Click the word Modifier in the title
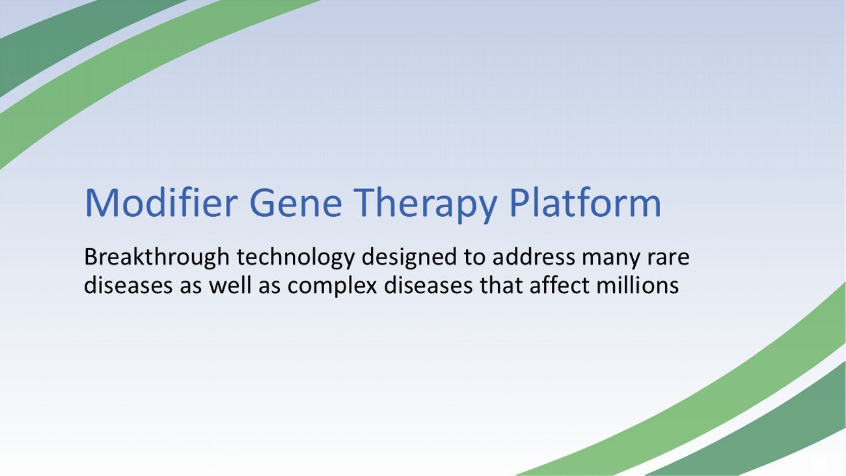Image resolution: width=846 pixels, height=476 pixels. (x=161, y=203)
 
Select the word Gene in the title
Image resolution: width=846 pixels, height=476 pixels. (x=295, y=203)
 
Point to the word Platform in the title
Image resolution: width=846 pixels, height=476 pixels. (x=585, y=203)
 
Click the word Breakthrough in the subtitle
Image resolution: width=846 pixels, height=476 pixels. (x=157, y=258)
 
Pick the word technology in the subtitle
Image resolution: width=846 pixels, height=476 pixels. (x=295, y=258)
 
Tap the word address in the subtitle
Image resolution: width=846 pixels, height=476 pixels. (x=534, y=257)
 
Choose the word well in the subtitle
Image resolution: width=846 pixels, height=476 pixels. (x=230, y=285)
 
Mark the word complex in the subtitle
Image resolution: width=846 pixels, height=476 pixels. (x=332, y=287)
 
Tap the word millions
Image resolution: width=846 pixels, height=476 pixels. (x=637, y=285)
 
